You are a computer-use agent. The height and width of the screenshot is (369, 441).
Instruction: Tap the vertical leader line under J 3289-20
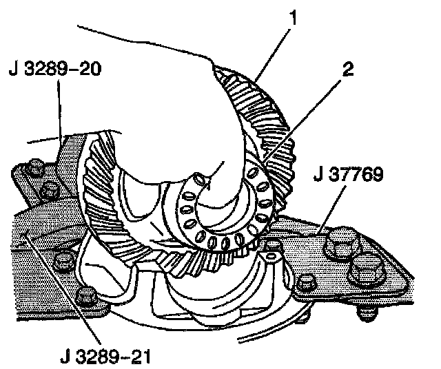click(58, 110)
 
